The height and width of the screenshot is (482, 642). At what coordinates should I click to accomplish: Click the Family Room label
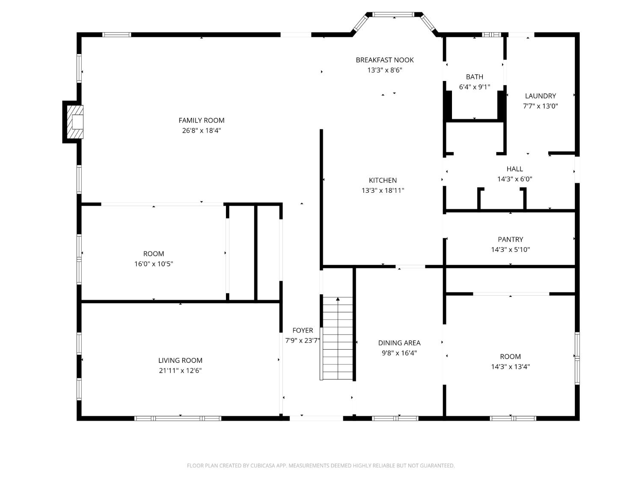(x=201, y=120)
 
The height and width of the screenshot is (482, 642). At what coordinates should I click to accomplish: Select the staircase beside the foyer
(x=338, y=338)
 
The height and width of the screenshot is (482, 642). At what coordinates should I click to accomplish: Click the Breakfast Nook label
(x=384, y=60)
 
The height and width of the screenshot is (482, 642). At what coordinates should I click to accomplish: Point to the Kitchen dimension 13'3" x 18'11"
(x=383, y=191)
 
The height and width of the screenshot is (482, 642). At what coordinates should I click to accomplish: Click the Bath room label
(x=474, y=77)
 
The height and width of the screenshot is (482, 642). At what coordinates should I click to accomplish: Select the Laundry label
(x=540, y=96)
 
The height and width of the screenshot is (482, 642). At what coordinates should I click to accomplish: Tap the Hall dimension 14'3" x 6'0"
(x=514, y=179)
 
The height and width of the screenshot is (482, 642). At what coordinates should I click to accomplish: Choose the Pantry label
(x=510, y=240)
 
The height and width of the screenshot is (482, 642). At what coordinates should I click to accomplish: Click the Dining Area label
(x=399, y=343)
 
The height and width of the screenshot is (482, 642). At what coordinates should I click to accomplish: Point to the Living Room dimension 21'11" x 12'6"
(x=180, y=371)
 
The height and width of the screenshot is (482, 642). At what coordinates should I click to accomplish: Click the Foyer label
(x=303, y=330)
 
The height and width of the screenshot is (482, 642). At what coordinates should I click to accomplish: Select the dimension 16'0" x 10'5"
(x=154, y=264)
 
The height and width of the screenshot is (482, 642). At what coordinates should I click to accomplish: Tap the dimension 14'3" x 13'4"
(x=510, y=367)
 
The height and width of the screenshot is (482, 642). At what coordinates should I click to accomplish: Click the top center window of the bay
(x=393, y=15)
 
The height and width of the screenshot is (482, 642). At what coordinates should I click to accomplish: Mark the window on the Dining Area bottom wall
(x=395, y=418)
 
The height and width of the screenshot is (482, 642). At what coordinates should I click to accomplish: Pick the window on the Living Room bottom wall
(x=178, y=418)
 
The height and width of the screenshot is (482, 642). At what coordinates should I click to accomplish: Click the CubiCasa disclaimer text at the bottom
(x=321, y=466)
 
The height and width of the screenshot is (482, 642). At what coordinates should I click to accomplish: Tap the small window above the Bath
(x=491, y=35)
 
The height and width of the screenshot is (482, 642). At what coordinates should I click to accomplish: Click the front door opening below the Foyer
(x=316, y=418)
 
